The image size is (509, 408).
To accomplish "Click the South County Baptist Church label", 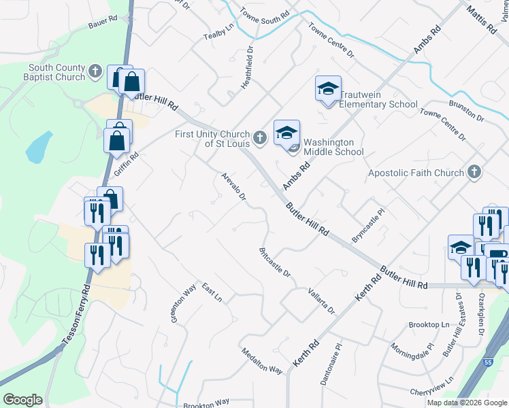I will click(56, 72).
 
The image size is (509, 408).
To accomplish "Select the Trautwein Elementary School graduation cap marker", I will click(328, 89).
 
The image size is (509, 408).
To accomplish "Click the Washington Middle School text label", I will click(333, 147).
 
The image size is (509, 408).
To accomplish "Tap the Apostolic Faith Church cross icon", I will click(474, 173).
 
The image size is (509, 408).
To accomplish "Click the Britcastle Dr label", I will click(275, 262).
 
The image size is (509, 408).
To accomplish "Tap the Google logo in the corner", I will click(22, 400).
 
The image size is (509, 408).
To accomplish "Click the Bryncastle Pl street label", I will click(368, 226).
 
